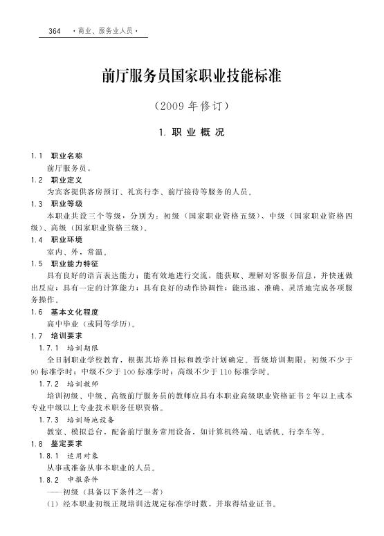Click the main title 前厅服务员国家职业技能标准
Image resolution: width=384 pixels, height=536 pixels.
coord(192,76)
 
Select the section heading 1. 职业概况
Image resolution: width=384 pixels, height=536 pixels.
coord(192,131)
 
